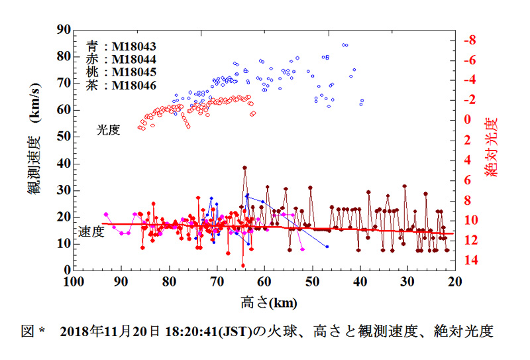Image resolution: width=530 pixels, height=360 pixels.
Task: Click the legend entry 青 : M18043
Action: pos(121,46)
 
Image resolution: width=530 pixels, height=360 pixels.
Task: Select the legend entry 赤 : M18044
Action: pos(121,60)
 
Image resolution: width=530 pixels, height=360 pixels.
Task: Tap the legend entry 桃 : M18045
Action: pos(121,72)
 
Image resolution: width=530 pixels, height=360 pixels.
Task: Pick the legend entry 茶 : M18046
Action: pos(121,86)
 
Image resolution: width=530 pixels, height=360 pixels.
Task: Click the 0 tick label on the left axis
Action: pos(66,270)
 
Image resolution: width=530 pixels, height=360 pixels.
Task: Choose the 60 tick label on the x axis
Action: pos(264,281)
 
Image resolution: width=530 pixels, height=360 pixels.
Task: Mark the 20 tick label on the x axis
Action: pos(454,281)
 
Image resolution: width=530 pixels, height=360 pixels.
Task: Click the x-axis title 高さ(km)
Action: pos(269,302)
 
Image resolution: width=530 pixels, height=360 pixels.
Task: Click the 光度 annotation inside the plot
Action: pos(107,130)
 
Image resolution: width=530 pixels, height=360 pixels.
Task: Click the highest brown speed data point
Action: pos(244,168)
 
